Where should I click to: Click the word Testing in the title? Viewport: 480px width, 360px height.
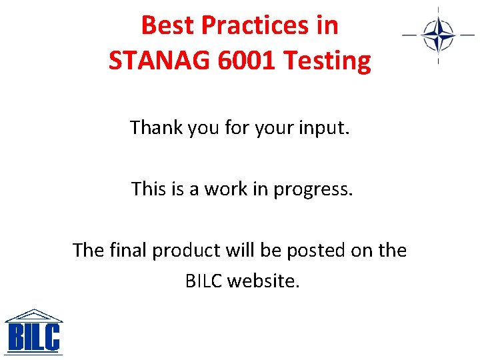[327, 61]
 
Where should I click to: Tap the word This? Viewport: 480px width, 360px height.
[147, 189]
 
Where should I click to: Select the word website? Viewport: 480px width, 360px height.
[264, 281]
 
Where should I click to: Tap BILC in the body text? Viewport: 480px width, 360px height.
[204, 281]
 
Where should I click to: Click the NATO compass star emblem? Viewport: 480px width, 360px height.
[438, 35]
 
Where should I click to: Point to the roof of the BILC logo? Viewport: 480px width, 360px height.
[33, 315]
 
